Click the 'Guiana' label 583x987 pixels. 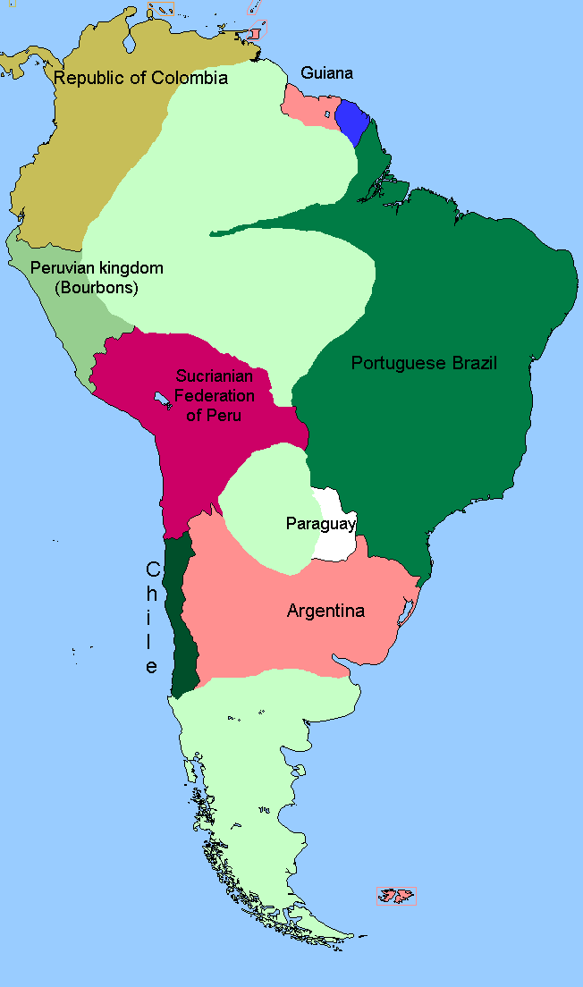pos(327,73)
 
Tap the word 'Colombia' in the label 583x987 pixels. pos(189,78)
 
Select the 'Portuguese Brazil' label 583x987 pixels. pos(424,363)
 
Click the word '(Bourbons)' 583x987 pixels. pos(97,287)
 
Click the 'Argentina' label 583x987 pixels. pos(325,612)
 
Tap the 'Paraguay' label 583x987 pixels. pos(321,524)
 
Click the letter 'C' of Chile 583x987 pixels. pos(153,569)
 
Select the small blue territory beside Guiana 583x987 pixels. pos(351,122)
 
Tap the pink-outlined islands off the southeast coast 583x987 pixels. pos(396,896)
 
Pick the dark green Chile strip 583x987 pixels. pos(182,626)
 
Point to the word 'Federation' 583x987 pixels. pos(215,396)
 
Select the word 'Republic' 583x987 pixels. pos(86,78)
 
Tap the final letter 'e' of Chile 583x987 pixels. pos(153,667)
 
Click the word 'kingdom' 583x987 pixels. pos(130,268)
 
